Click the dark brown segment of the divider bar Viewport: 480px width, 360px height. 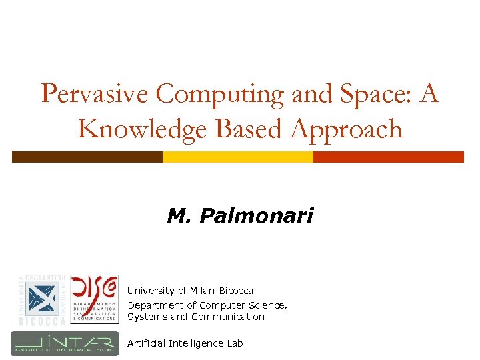(87, 157)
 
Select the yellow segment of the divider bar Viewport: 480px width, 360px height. (237, 157)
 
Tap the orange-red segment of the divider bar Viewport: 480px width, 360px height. (388, 157)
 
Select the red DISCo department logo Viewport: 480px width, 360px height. (94, 299)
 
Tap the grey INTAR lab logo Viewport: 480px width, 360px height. (65, 343)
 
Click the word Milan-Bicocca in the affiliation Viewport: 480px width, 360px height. (221, 291)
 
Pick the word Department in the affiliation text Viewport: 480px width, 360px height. (154, 305)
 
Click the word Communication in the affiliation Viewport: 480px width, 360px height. (228, 317)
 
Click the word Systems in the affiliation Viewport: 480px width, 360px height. (147, 317)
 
